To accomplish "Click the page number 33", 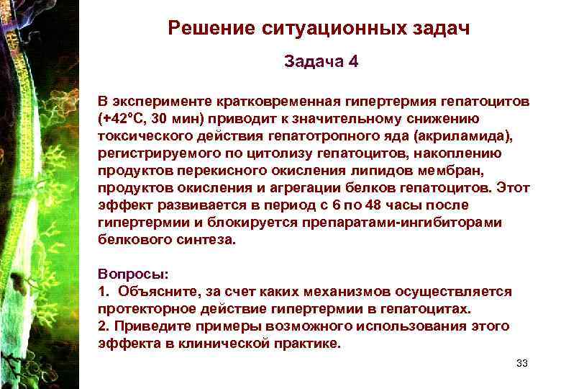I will coord(522,363).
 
